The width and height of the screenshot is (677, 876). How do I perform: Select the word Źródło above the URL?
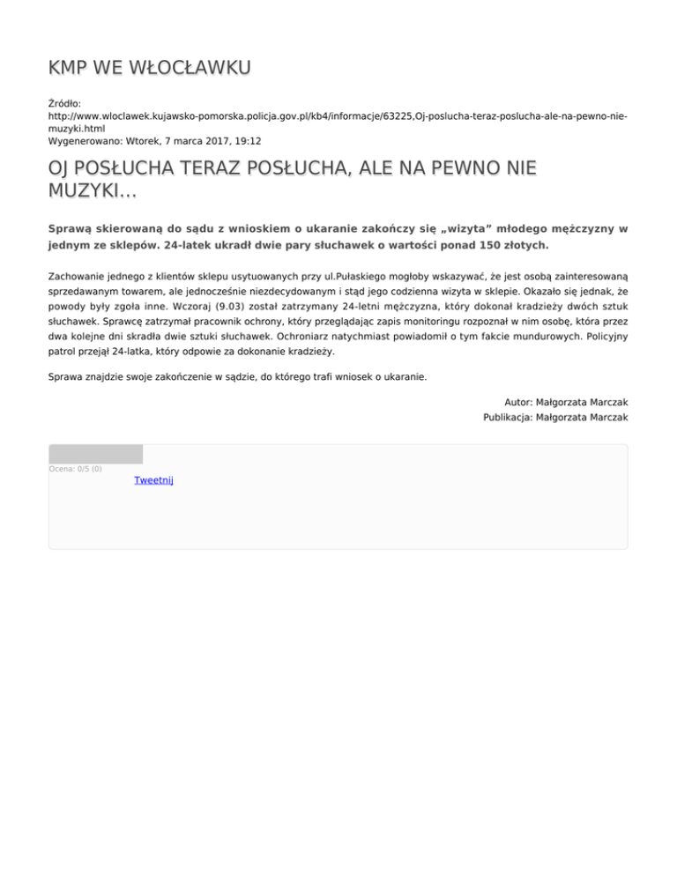(67, 103)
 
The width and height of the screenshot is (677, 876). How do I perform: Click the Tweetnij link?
(153, 480)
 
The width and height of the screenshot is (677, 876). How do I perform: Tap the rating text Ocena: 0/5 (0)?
(75, 469)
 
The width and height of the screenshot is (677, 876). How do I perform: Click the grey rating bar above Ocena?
(95, 455)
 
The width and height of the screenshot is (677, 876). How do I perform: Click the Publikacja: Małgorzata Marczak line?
(555, 418)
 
